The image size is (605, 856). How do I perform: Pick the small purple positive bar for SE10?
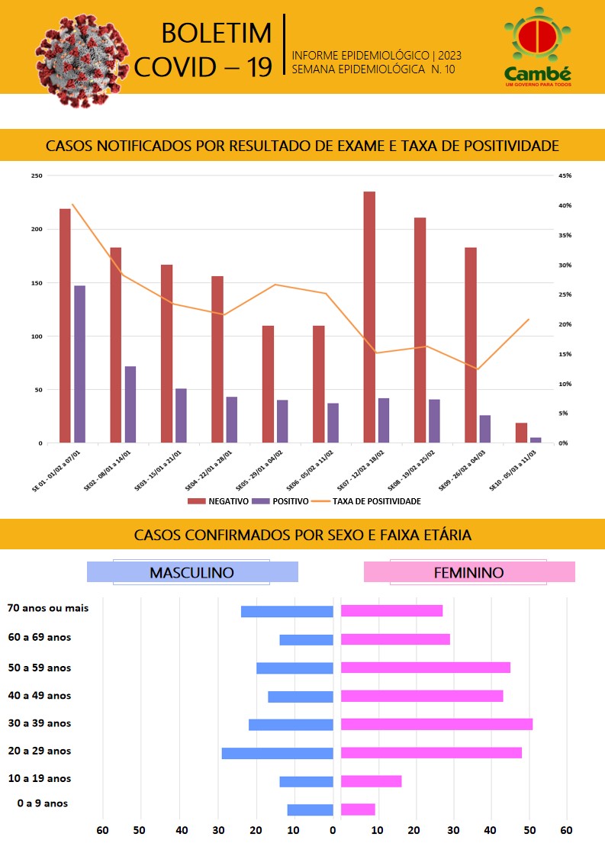pos(536,440)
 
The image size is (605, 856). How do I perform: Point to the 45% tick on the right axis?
pos(565,176)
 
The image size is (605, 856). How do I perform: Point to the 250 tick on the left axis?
pos(37,176)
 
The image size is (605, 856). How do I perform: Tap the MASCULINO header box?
pos(191,572)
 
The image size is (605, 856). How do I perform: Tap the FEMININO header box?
pos(468,572)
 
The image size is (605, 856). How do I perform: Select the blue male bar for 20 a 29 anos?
pos(277,753)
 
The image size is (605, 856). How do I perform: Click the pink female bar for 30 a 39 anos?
pos(436,724)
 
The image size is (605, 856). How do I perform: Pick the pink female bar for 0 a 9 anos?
pos(358,809)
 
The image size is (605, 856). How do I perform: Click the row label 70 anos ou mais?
pos(48,608)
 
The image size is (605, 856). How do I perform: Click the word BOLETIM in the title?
pos(217,34)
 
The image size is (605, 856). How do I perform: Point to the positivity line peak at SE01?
pos(72,204)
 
